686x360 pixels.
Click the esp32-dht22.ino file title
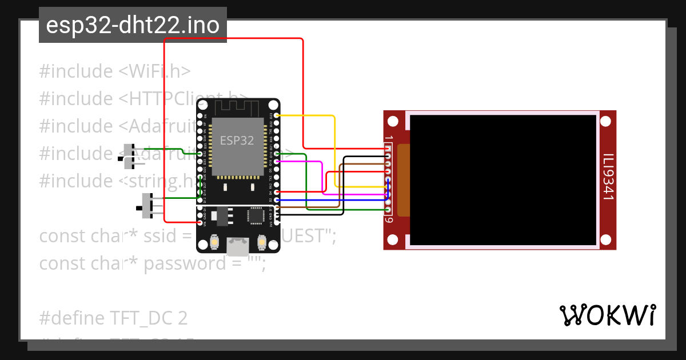(133, 26)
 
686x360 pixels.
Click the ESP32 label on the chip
(237, 141)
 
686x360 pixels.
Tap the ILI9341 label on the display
(608, 177)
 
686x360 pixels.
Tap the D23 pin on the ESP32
(277, 116)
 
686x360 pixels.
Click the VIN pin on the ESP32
(200, 222)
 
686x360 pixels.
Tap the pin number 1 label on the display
(389, 138)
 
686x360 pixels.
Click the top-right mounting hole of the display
(606, 122)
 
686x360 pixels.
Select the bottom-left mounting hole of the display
(393, 239)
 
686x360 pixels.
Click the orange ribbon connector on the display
(404, 180)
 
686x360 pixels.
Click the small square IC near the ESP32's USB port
(256, 215)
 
